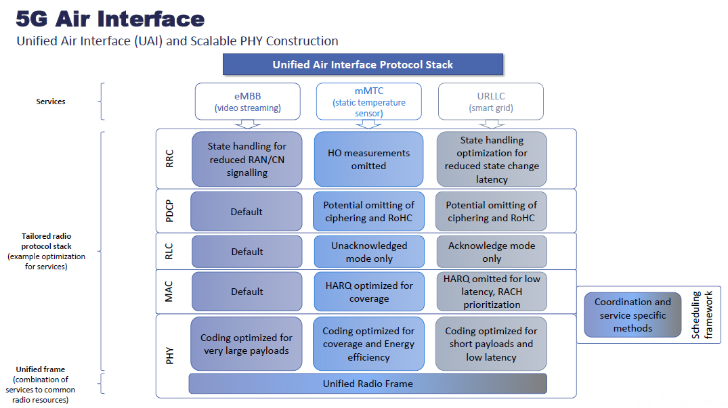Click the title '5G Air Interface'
(110, 18)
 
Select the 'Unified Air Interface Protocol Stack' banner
(362, 65)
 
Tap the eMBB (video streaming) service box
(247, 101)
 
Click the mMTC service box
(369, 101)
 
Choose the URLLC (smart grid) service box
(491, 101)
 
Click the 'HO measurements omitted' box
(368, 159)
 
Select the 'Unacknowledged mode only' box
(369, 252)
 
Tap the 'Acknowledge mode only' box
(491, 252)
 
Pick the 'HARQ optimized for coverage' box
(369, 292)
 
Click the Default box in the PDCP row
(247, 212)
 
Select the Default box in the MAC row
(247, 292)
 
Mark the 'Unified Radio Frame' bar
(368, 384)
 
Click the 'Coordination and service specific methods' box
(633, 315)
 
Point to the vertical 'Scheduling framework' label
(704, 315)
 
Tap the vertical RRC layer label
(170, 159)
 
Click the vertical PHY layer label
(170, 355)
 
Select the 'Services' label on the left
(51, 101)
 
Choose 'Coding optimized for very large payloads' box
(247, 344)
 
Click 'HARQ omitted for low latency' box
(491, 292)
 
